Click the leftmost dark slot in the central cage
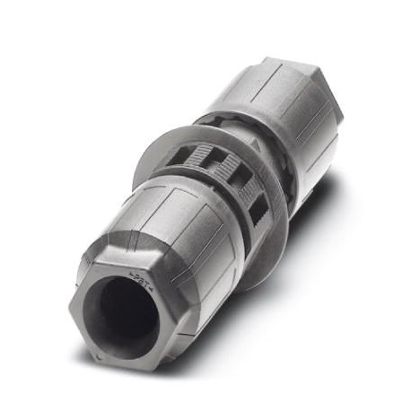[179, 156]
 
